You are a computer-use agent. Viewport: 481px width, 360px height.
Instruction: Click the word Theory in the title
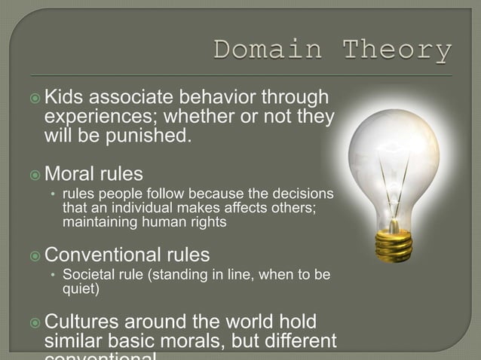click(398, 52)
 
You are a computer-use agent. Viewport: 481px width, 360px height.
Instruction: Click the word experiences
click(103, 118)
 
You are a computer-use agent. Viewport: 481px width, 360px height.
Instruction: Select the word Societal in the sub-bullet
click(87, 273)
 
